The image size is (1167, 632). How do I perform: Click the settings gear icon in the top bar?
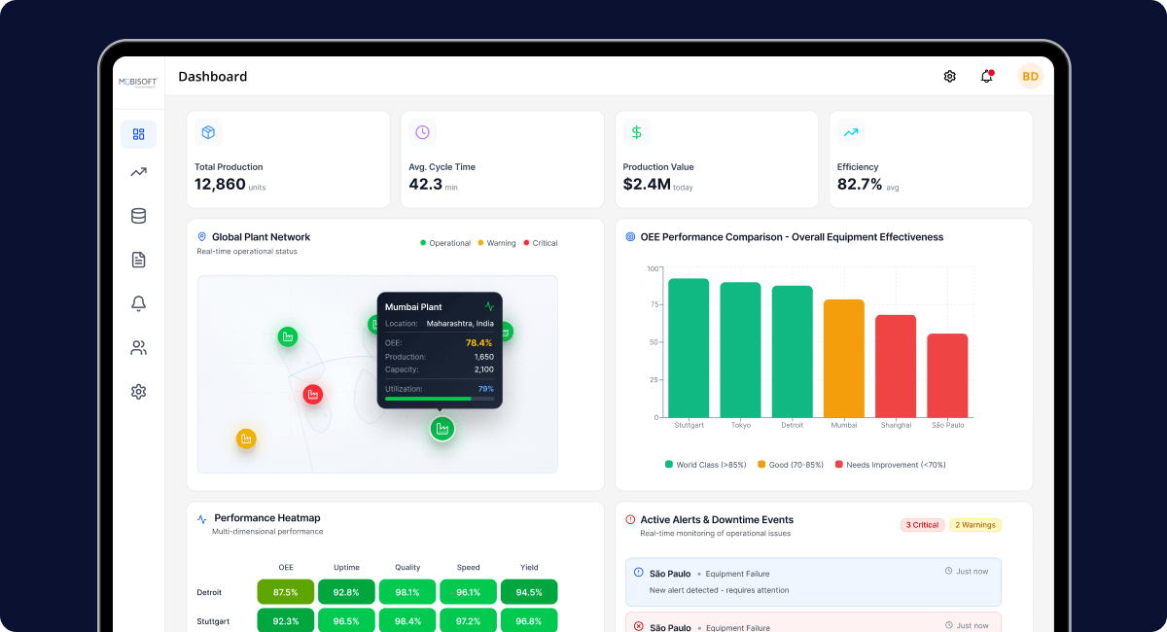point(949,77)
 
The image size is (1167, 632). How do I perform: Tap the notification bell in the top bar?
point(987,77)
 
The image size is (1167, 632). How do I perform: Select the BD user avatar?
point(1030,77)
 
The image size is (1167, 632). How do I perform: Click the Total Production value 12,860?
point(220,185)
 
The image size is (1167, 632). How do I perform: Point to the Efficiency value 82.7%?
point(860,185)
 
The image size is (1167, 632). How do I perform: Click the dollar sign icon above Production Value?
point(636,132)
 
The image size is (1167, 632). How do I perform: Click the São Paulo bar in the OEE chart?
point(947,375)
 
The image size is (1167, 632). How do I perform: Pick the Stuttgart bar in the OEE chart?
point(689,348)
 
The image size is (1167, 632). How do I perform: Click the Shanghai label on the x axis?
point(896,426)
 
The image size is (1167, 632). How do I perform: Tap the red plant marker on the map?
point(312,394)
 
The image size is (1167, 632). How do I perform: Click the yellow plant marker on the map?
point(246,439)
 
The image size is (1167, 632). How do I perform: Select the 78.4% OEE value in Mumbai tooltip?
point(478,343)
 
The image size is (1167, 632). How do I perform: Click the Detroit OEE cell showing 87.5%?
point(286,592)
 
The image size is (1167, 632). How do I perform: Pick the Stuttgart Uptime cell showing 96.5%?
point(347,620)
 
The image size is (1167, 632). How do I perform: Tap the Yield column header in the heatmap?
point(529,568)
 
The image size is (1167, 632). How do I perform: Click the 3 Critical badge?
point(922,525)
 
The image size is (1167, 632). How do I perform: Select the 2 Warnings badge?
point(975,525)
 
